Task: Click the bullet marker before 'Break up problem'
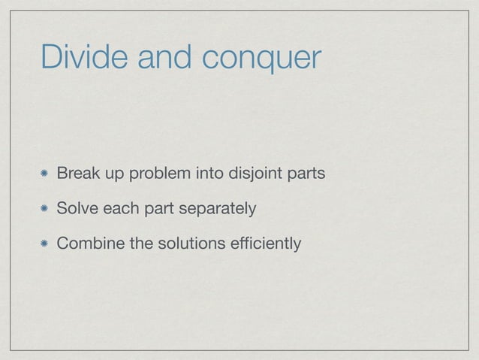pos(46,175)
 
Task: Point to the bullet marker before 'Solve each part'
pos(46,209)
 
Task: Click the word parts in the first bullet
pos(308,176)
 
